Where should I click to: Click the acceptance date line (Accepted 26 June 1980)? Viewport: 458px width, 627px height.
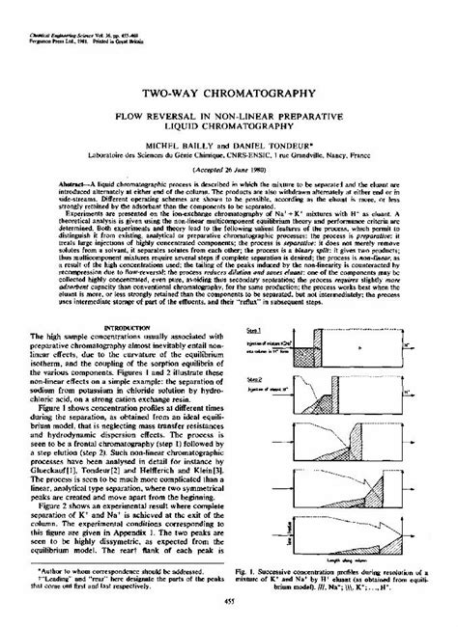click(x=228, y=168)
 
